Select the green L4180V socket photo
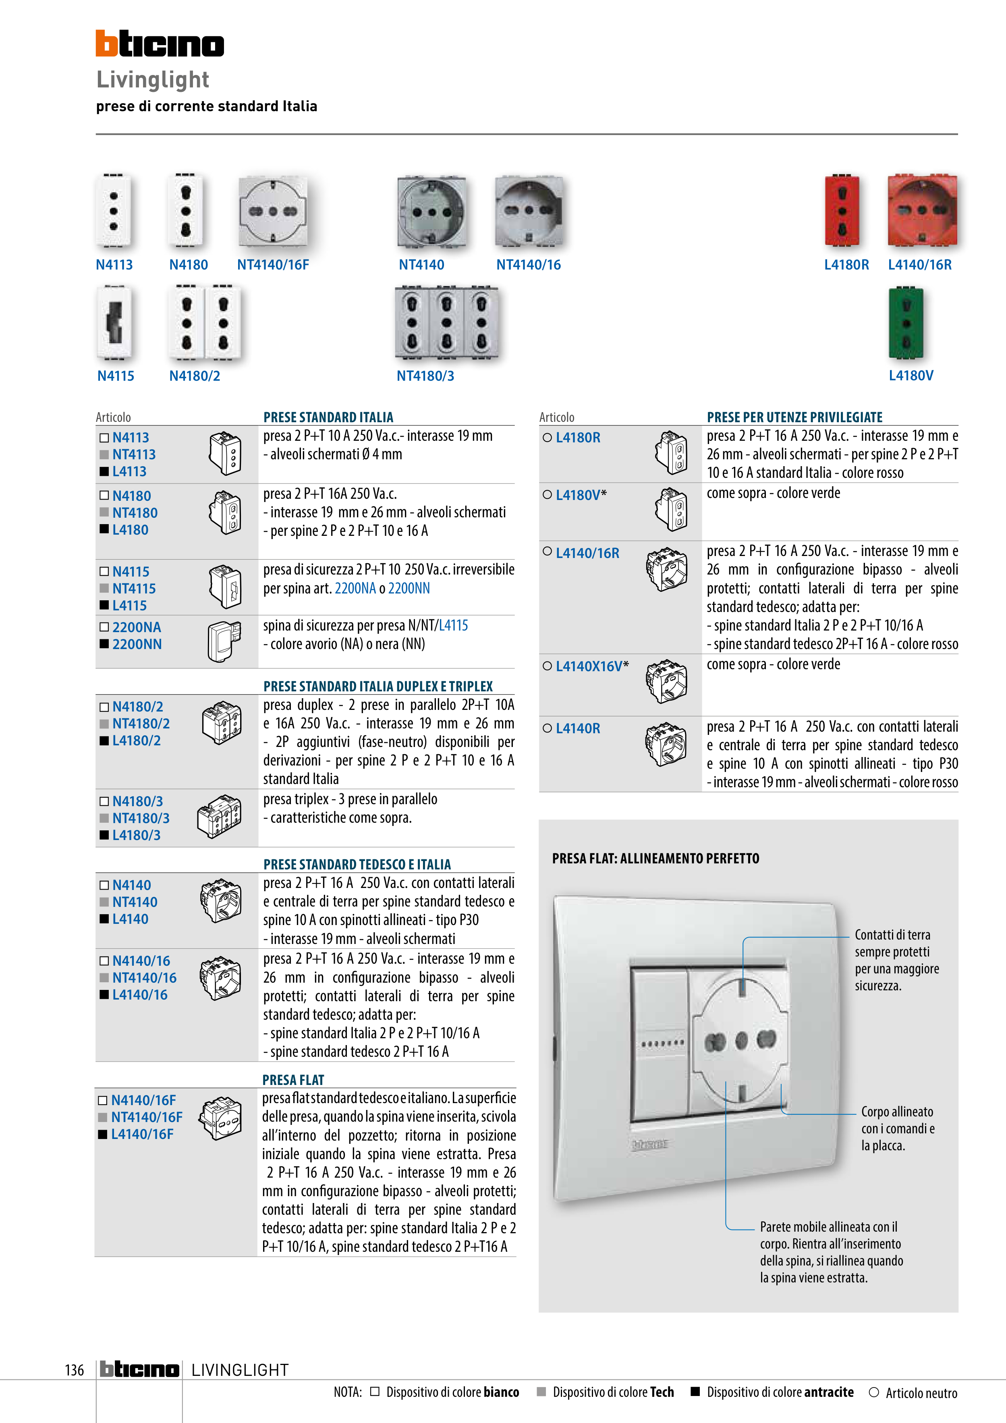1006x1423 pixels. point(906,323)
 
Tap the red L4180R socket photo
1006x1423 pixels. point(842,211)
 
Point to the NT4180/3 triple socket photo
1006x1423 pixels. point(446,322)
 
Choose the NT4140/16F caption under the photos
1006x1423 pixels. point(273,265)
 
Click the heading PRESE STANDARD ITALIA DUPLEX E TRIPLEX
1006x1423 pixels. point(378,686)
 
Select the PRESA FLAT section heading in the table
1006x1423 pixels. point(293,1080)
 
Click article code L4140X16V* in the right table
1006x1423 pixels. point(592,667)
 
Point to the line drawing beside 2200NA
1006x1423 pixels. point(223,641)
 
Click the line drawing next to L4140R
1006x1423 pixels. point(666,744)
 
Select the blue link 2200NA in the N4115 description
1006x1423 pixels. point(355,588)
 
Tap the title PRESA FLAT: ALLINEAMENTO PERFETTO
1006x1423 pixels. point(655,859)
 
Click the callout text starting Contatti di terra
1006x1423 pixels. point(896,960)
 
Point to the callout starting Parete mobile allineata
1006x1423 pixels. point(831,1252)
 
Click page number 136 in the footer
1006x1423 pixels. point(75,1370)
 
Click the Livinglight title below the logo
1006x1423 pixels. point(152,80)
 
